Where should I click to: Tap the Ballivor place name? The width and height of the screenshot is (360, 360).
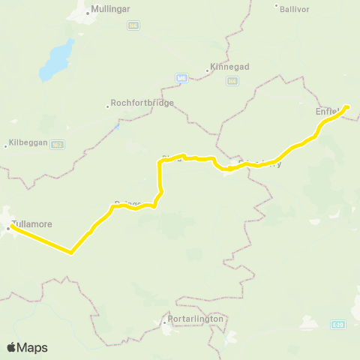pyautogui.click(x=294, y=9)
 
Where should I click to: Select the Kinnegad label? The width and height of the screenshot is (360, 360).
pyautogui.click(x=229, y=67)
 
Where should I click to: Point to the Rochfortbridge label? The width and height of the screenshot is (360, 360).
pyautogui.click(x=142, y=103)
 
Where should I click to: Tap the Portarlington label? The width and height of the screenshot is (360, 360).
pyautogui.click(x=196, y=319)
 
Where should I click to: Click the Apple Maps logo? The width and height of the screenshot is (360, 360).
pyautogui.click(x=27, y=347)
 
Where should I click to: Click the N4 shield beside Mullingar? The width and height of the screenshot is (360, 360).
pyautogui.click(x=133, y=25)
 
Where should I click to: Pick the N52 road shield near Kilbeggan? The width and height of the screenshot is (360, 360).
pyautogui.click(x=57, y=144)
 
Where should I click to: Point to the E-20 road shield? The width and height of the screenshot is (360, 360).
pyautogui.click(x=337, y=324)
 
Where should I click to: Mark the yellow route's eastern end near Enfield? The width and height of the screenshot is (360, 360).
pyautogui.click(x=347, y=106)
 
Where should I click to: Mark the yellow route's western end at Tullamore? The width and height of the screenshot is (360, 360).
pyautogui.click(x=10, y=227)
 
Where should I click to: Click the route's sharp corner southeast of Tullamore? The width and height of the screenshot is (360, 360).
pyautogui.click(x=71, y=253)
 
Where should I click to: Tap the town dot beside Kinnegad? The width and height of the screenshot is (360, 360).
pyautogui.click(x=207, y=71)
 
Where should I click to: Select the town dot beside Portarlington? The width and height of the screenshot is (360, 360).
pyautogui.click(x=165, y=324)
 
